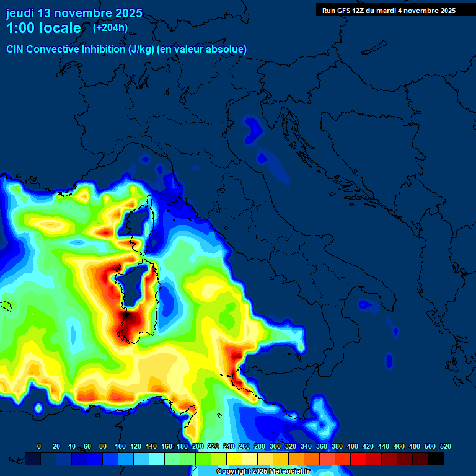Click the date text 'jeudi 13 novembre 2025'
coord(74,13)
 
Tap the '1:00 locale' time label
coord(43,28)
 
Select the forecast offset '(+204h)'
coord(110,28)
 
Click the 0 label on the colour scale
coord(39,446)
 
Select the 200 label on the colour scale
coord(198,446)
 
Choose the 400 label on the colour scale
coord(353,446)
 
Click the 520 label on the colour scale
coord(445,446)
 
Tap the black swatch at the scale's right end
coord(436,459)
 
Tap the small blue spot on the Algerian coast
coord(38,408)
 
